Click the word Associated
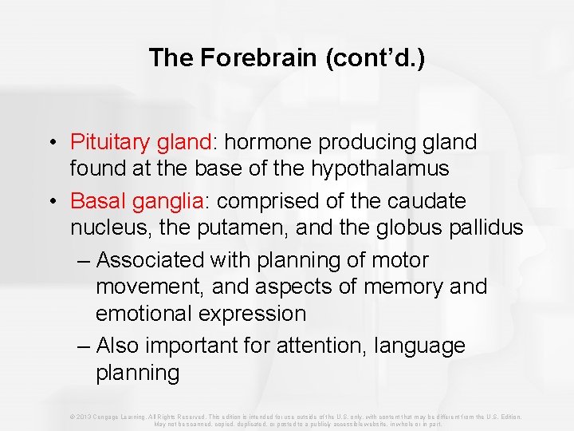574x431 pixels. click(x=153, y=260)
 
